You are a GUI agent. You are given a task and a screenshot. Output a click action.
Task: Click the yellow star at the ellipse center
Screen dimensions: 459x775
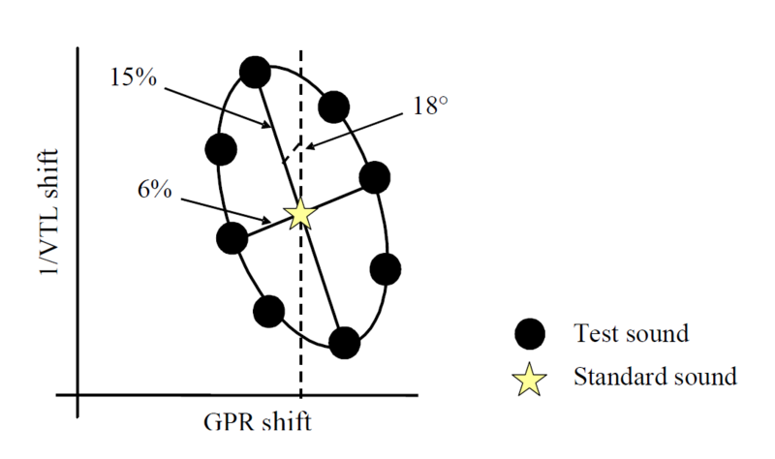coord(301,213)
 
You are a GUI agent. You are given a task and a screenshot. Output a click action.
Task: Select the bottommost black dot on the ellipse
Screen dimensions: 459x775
coord(344,342)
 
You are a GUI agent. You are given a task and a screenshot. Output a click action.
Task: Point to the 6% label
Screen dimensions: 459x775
coord(154,190)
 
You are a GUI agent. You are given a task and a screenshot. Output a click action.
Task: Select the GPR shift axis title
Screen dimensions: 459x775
coord(258,423)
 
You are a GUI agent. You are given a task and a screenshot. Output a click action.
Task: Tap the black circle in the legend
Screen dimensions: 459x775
coord(530,334)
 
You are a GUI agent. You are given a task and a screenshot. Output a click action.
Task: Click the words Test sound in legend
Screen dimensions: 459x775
coord(631,334)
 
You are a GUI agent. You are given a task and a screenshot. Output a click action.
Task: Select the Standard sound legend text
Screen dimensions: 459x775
coord(655,376)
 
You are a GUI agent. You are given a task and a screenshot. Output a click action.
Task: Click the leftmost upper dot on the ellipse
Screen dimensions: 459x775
coord(222,149)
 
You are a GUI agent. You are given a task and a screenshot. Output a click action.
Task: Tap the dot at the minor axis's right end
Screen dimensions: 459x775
coord(374,177)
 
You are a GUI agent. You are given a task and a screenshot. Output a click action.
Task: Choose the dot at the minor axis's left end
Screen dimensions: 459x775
coord(232,237)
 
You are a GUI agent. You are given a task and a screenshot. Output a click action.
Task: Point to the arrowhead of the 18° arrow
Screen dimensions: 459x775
coord(308,145)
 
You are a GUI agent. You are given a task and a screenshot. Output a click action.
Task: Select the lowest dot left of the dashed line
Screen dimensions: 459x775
coord(268,311)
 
